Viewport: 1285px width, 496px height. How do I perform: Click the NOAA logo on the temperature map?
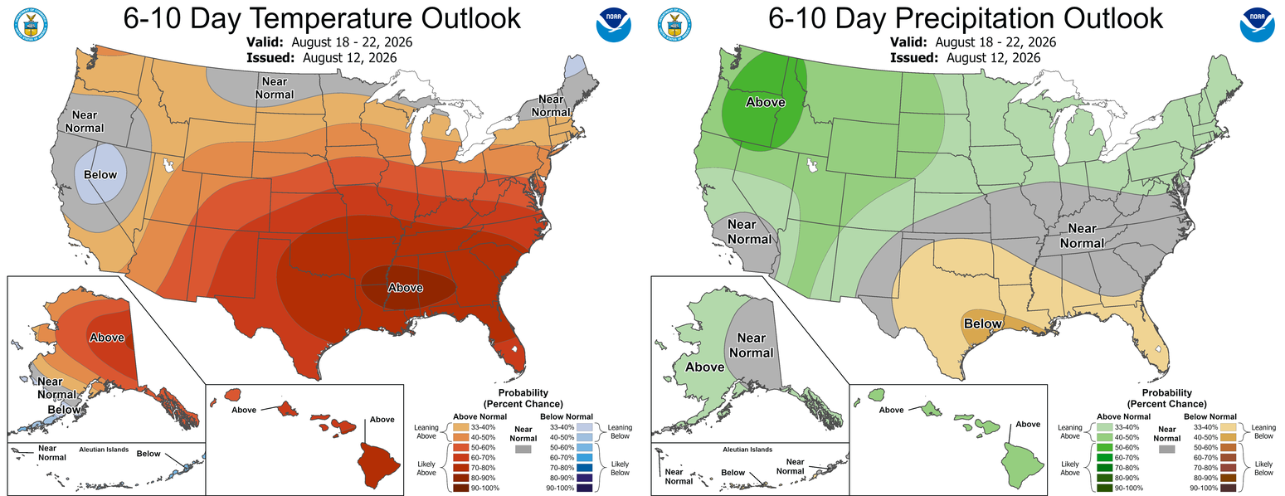tap(613, 25)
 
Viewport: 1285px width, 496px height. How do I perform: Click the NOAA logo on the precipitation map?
tap(1257, 25)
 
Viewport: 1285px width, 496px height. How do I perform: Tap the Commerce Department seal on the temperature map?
tap(31, 25)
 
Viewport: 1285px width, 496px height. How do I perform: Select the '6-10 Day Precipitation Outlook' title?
tap(966, 18)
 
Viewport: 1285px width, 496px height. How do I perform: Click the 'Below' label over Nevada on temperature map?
tap(100, 175)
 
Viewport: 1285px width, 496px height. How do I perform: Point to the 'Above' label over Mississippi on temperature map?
tap(406, 287)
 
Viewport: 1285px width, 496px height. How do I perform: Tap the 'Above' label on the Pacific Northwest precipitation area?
tap(765, 102)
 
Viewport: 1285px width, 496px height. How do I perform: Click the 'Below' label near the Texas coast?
tap(983, 323)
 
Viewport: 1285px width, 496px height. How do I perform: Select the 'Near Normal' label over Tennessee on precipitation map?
tap(1082, 236)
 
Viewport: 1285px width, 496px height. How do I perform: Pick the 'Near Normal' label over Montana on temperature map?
tap(275, 88)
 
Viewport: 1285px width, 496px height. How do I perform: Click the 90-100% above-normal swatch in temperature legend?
tap(460, 488)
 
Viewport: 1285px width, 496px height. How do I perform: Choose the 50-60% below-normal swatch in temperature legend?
tap(585, 447)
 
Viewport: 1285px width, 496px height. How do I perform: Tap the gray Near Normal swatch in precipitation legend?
tap(1166, 449)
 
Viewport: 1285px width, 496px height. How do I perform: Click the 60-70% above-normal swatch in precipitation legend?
tap(1103, 458)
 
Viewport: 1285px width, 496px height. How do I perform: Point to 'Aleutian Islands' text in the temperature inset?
tap(104, 450)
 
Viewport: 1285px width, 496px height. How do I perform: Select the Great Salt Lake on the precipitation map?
tap(811, 165)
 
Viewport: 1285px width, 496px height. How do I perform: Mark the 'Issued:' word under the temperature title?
tap(270, 57)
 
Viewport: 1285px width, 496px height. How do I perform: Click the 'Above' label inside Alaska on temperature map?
tap(107, 338)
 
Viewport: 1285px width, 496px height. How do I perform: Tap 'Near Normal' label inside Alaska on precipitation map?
tap(752, 345)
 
